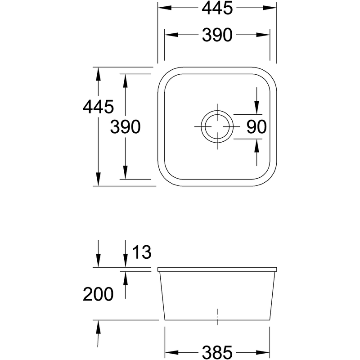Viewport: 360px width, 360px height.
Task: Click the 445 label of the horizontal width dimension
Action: click(x=217, y=8)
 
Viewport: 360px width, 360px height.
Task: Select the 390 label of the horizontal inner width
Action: click(x=217, y=35)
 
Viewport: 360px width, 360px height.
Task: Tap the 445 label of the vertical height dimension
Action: click(x=98, y=107)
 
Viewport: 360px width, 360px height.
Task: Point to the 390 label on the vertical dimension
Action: click(x=126, y=127)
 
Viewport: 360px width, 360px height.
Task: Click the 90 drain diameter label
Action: click(x=256, y=127)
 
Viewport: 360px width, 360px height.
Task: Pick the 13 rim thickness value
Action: click(x=142, y=252)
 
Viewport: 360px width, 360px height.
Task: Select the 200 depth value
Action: click(x=98, y=294)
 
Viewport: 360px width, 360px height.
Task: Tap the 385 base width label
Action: click(x=217, y=352)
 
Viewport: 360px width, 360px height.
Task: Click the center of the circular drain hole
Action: click(x=217, y=126)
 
